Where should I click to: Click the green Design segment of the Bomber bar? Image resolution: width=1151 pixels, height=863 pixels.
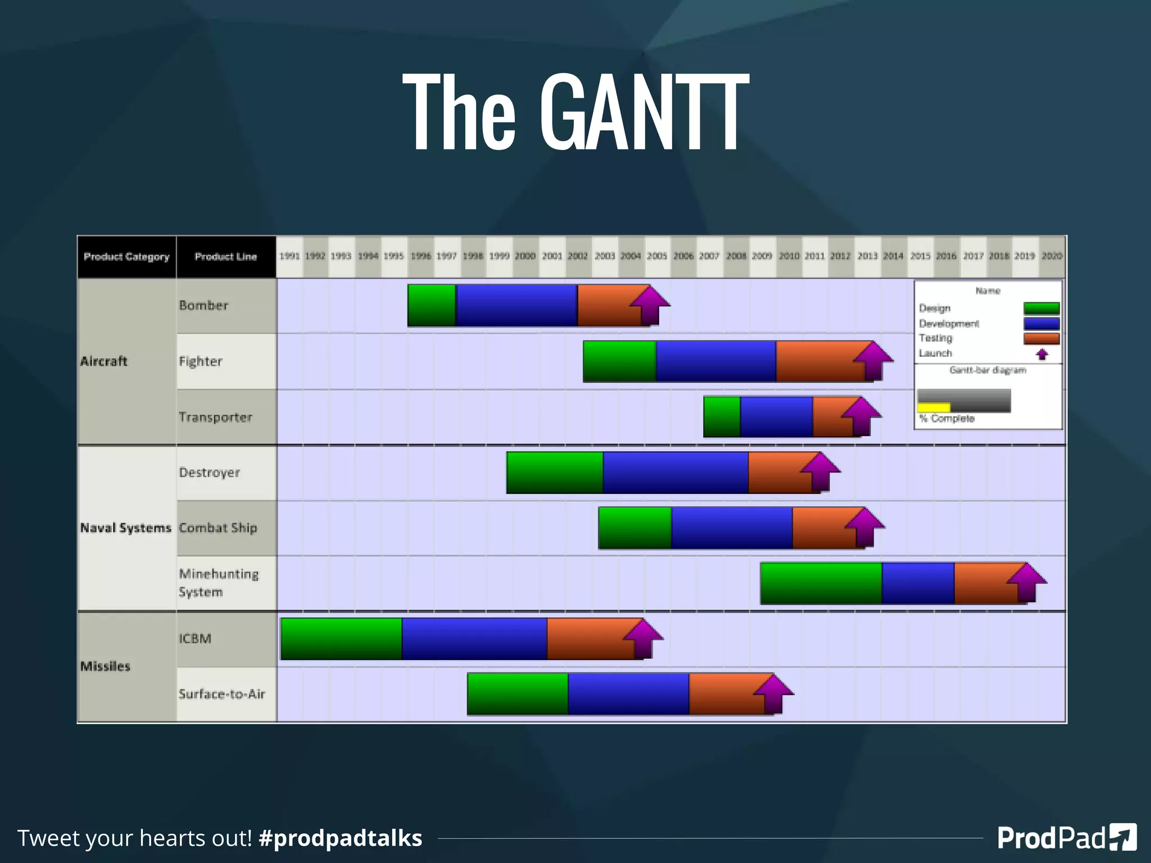[432, 305]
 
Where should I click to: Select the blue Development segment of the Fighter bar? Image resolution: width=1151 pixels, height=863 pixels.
[715, 361]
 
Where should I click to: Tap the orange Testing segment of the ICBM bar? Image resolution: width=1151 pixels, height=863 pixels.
[587, 638]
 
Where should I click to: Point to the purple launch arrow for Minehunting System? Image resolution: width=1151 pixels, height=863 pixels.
[1026, 582]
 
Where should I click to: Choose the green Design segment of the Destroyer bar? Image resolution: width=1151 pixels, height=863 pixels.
[555, 473]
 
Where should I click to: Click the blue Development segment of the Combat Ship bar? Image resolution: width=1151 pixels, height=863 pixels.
[732, 528]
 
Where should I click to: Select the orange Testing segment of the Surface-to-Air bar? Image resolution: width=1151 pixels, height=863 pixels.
[722, 694]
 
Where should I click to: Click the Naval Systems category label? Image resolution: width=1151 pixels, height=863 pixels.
[125, 528]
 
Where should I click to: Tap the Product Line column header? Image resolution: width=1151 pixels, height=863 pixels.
[226, 257]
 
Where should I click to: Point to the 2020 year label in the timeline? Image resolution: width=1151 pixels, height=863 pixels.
[1052, 256]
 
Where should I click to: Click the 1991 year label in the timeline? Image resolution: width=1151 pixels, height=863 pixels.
[289, 256]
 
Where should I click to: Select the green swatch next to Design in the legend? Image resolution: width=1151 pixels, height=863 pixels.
[1041, 308]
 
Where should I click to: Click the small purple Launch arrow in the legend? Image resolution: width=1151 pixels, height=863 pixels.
[1042, 354]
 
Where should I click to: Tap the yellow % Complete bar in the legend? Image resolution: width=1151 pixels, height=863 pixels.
[934, 407]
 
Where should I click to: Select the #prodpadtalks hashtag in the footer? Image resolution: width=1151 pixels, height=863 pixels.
[340, 838]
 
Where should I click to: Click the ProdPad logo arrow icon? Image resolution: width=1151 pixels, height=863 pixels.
[1123, 837]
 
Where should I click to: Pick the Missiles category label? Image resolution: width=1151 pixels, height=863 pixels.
[105, 666]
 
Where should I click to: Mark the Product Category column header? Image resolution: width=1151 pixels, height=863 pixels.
[126, 257]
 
